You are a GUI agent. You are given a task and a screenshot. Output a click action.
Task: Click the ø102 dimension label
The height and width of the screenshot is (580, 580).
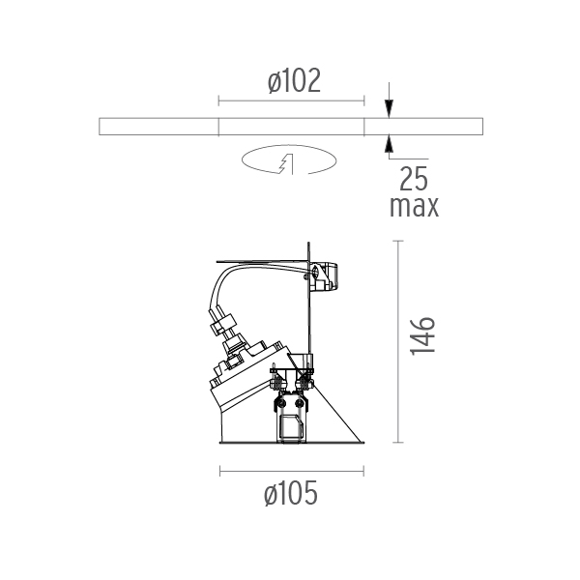point(294,80)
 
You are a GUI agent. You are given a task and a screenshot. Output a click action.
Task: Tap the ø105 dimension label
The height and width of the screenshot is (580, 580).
point(291,493)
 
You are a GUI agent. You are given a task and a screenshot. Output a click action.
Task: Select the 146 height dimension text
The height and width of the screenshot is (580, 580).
point(422,335)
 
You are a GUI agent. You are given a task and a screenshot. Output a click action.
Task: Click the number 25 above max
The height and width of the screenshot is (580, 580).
point(414,179)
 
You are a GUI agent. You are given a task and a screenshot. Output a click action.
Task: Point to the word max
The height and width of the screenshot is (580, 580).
point(415,207)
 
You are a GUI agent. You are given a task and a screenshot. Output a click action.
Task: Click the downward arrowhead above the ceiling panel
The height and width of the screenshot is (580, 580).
point(389,108)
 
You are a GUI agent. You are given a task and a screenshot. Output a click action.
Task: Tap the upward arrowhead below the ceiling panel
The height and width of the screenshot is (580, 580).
point(389,144)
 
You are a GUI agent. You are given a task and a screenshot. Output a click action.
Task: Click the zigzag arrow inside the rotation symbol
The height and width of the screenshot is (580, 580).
point(286,163)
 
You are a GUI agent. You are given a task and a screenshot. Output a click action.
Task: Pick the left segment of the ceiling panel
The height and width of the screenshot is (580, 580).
point(159,127)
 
